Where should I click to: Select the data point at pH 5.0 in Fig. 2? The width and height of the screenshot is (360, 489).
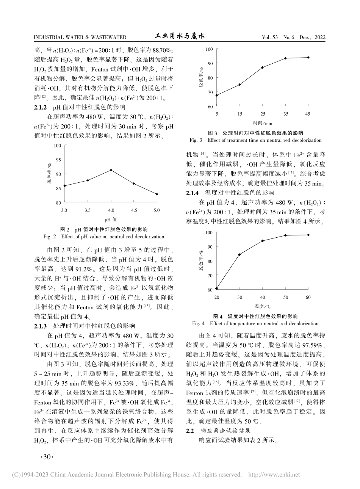coord(157,194)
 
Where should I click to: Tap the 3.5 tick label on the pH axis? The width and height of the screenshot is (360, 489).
coord(88,210)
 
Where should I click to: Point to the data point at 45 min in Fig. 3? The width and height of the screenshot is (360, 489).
coord(308,57)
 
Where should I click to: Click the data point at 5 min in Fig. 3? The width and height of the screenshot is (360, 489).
coord(216,95)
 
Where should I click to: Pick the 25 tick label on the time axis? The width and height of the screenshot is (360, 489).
coord(262,114)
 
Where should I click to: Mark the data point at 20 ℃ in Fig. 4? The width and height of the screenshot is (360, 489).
coord(216,289)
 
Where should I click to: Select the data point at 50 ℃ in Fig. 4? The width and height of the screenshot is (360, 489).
coord(285,235)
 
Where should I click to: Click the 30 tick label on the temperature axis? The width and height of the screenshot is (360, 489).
coord(239,297)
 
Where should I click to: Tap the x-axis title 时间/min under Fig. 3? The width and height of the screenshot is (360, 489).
coord(263,123)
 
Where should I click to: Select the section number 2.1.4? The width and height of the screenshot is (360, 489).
coord(193,193)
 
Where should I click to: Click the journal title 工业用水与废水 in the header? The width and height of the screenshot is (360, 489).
coord(180,36)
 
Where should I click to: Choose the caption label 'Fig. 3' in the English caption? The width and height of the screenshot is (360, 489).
coord(196,140)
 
